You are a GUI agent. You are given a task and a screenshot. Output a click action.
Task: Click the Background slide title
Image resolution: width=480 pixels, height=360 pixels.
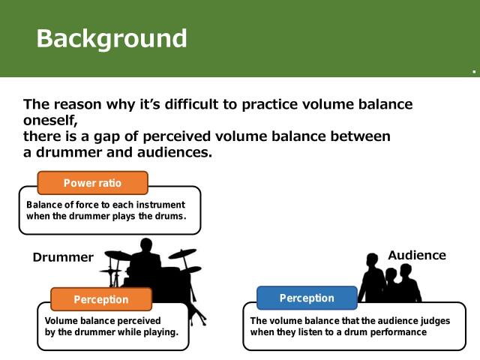tap(112, 37)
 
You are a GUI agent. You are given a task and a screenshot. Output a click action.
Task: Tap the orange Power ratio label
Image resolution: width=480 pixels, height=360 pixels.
tap(92, 183)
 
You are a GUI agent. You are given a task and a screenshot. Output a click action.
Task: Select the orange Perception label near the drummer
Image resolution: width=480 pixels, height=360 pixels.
tap(100, 299)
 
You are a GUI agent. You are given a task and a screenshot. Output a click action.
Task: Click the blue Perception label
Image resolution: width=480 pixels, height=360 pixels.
tap(307, 298)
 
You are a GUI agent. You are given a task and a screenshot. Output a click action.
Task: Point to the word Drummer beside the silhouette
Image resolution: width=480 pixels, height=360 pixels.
tap(63, 257)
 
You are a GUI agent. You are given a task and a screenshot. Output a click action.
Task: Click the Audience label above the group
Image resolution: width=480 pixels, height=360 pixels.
tap(416, 255)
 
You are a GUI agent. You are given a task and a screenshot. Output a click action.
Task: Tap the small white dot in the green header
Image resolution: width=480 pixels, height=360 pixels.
tap(474, 73)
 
